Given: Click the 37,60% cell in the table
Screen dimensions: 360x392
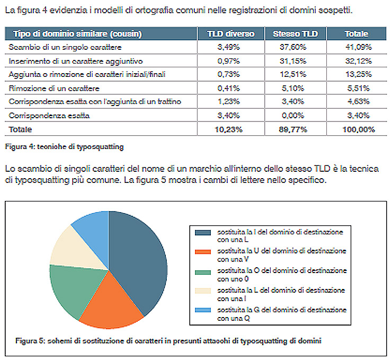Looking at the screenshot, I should pyautogui.click(x=295, y=47).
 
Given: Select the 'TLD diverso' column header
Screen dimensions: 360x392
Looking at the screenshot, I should pyautogui.click(x=231, y=34).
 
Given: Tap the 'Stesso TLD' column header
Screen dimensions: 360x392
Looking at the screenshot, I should pyautogui.click(x=295, y=34).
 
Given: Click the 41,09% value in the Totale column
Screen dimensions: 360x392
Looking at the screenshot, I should pyautogui.click(x=357, y=47).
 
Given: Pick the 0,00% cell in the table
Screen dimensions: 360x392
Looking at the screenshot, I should pyautogui.click(x=295, y=115).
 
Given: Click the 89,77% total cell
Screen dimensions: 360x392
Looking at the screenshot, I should pyautogui.click(x=295, y=129).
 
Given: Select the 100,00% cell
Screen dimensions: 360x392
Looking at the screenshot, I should pyautogui.click(x=357, y=129).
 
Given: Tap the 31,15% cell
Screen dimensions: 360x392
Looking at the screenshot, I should pyautogui.click(x=295, y=61).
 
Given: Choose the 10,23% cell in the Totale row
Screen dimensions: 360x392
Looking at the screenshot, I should pyautogui.click(x=231, y=129).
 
